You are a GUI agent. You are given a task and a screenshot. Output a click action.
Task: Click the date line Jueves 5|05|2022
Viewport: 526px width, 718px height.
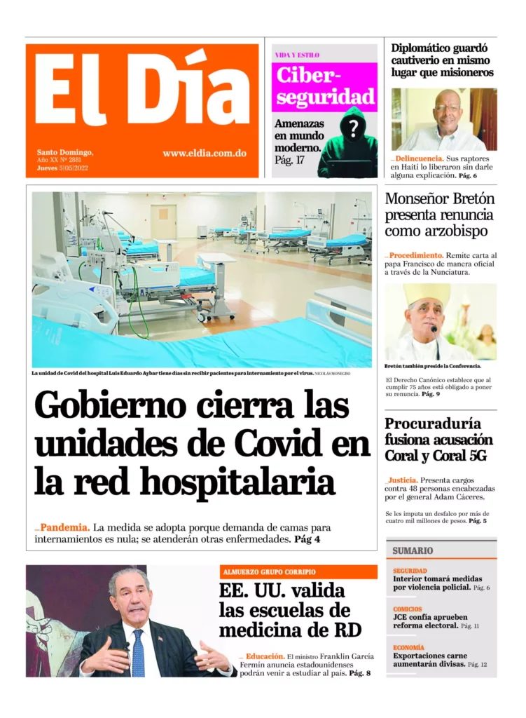(63, 168)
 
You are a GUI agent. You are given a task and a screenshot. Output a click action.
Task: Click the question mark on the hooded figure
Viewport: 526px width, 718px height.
(354, 128)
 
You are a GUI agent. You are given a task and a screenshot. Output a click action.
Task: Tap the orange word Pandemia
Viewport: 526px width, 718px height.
(64, 527)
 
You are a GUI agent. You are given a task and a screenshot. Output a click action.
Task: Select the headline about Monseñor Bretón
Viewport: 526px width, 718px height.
(439, 215)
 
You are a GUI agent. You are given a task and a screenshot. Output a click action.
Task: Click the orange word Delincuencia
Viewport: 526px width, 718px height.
(419, 159)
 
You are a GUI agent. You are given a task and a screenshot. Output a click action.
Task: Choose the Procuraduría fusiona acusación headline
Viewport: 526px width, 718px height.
(438, 440)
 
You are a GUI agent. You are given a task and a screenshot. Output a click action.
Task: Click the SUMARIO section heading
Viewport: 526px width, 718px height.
(413, 550)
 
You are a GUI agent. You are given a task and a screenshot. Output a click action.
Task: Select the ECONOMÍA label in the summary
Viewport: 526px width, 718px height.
(409, 648)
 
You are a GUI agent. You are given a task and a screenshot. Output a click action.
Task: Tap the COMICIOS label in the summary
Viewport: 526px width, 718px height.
(408, 609)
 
